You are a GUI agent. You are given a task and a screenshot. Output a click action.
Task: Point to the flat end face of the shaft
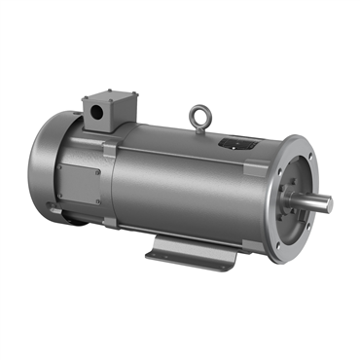[x=329, y=204]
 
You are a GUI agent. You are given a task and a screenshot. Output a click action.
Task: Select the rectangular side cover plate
[x=77, y=184]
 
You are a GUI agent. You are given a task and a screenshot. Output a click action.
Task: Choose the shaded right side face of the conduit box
[x=126, y=113]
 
